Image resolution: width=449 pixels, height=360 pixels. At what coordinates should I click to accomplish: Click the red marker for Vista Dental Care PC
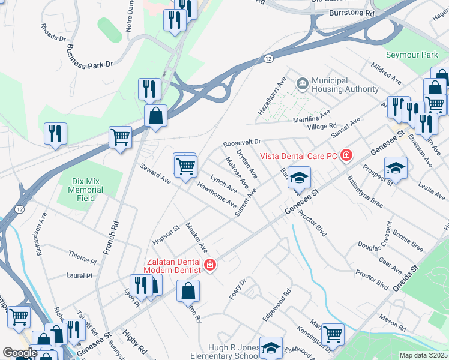click(x=345, y=156)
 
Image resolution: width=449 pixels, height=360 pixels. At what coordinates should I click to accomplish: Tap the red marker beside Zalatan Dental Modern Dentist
click(x=210, y=265)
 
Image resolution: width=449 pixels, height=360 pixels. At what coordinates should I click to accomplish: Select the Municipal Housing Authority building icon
click(x=302, y=82)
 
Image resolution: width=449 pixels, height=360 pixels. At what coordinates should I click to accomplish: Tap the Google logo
click(x=20, y=353)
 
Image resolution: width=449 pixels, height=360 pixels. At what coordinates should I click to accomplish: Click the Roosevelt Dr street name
click(x=241, y=144)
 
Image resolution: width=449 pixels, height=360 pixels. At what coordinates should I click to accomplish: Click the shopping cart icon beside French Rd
click(x=120, y=137)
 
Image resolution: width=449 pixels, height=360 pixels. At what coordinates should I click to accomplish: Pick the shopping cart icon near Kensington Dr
click(x=332, y=334)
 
